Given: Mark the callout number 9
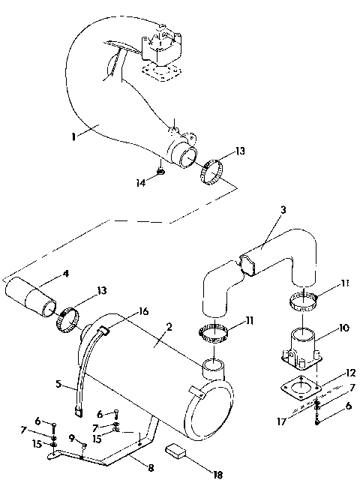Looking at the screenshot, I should (72, 439).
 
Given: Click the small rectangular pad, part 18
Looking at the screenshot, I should (176, 451).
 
